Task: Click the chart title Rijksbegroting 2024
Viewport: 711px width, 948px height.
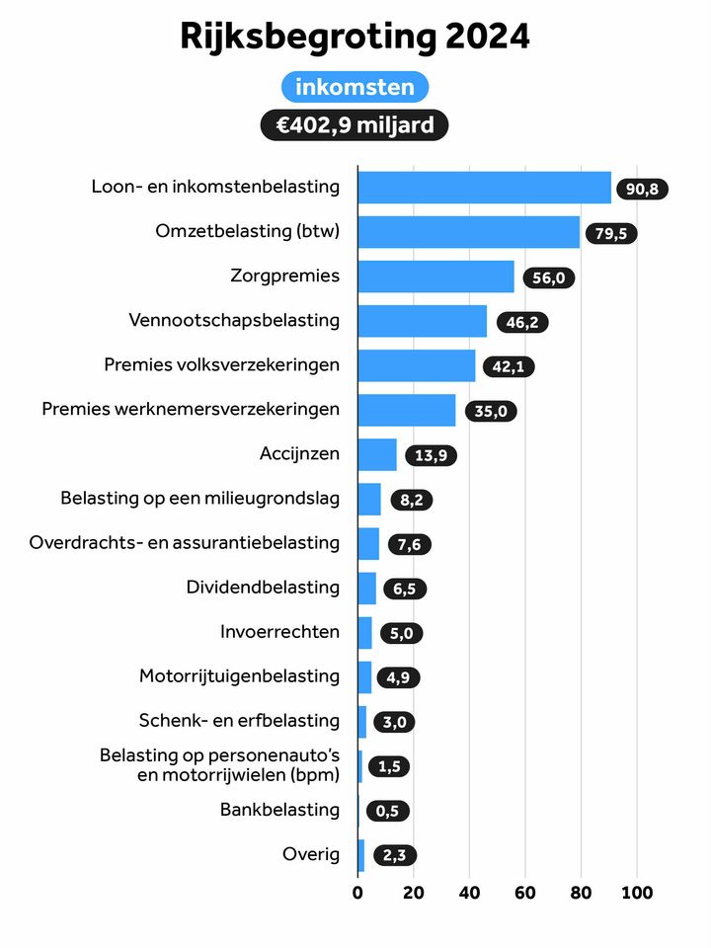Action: click(355, 37)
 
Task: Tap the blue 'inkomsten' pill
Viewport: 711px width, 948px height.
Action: click(355, 87)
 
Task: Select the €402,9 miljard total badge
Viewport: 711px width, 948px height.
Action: click(355, 125)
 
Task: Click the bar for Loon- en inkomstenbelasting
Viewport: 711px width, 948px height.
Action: click(484, 187)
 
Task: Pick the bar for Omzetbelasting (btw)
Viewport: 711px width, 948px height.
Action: click(468, 232)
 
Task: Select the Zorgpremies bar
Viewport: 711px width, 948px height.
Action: click(435, 276)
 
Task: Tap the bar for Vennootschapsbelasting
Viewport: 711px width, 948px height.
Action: click(422, 321)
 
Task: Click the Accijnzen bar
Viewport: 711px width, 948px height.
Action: click(377, 454)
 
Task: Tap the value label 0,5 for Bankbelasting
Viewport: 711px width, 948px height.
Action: click(387, 812)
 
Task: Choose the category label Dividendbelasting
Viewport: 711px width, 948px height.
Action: click(263, 588)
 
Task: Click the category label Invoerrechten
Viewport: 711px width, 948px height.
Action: click(279, 632)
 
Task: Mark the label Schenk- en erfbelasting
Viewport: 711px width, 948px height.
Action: click(240, 721)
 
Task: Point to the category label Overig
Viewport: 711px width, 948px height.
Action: click(311, 854)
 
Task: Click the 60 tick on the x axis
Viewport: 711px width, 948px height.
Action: click(525, 893)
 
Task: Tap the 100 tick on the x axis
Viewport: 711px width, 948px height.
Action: click(636, 893)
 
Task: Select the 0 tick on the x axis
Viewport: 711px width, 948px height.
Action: click(357, 893)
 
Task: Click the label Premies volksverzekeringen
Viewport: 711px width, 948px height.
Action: click(221, 365)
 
